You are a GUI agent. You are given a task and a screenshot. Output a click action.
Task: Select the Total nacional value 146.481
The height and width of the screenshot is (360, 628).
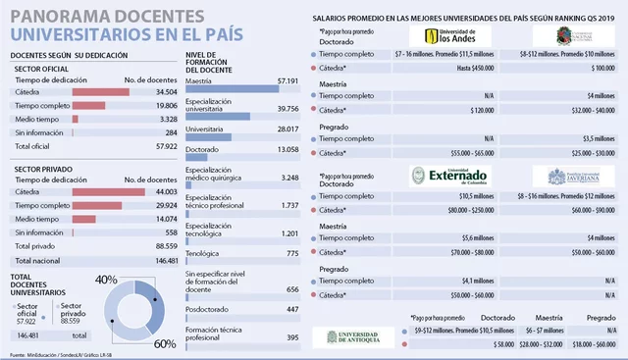159,261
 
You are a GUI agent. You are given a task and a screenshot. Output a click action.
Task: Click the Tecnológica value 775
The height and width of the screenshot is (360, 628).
287,253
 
